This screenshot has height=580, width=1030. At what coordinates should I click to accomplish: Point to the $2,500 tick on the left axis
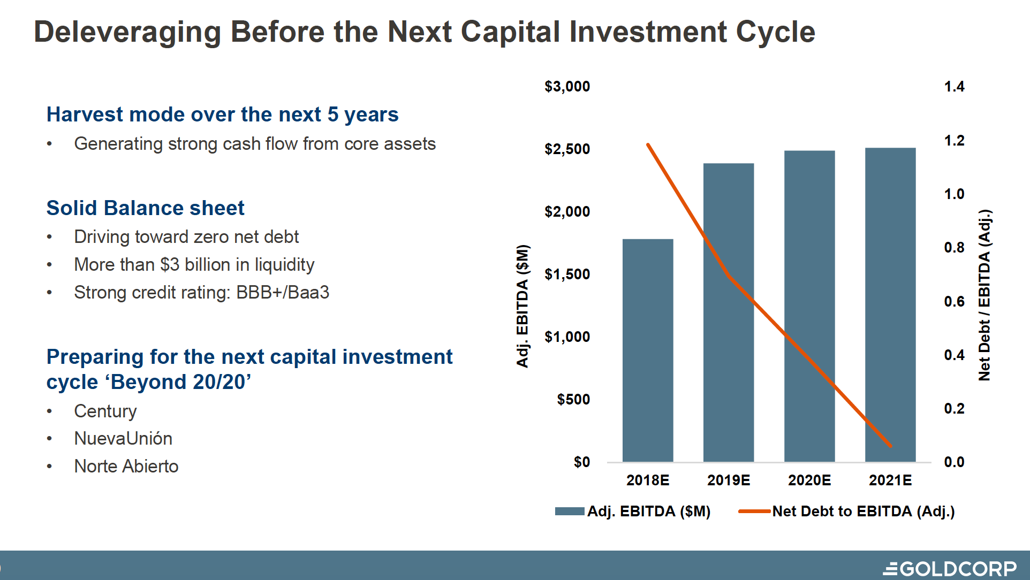567,149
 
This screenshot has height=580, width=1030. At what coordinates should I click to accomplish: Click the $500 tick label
573,399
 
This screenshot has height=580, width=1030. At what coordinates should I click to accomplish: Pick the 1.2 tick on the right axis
954,140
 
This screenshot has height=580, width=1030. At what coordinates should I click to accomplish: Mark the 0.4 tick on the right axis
954,355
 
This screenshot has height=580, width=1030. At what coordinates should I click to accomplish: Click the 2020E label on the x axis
809,480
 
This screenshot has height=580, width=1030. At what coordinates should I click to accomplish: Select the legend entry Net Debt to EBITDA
862,512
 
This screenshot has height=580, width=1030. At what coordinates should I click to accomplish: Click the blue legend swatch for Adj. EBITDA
569,512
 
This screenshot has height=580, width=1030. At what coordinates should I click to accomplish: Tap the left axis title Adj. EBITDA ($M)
522,306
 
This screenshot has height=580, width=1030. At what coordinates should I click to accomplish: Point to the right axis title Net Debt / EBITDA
984,295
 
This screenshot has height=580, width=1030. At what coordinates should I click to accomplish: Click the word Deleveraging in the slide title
127,32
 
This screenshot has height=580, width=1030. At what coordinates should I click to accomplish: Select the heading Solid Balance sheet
145,208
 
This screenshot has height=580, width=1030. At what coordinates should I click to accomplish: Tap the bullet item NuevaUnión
123,439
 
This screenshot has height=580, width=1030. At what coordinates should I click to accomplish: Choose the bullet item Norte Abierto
126,467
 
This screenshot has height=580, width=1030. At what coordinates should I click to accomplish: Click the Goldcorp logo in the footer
950,568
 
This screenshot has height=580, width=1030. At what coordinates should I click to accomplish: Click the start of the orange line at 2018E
648,145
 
